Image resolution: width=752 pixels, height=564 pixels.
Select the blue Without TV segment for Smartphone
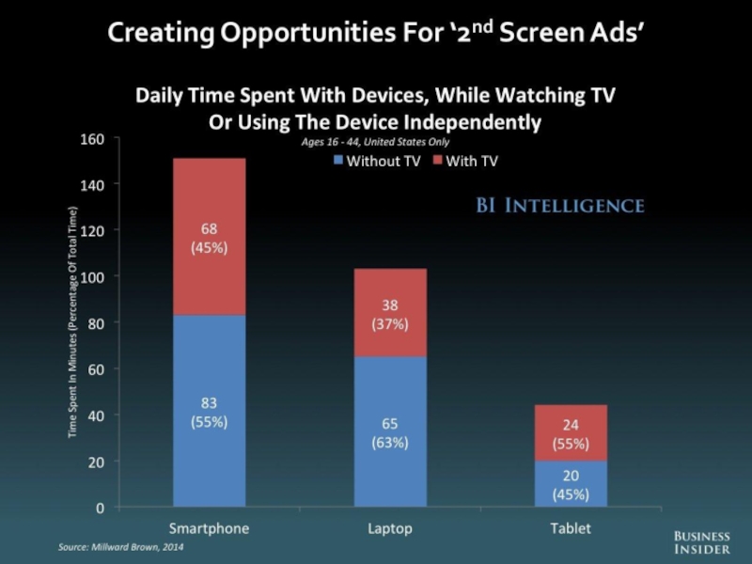tap(208, 411)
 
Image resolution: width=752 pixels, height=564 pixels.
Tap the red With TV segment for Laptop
tap(389, 312)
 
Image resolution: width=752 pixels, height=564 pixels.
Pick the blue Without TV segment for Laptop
tap(389, 431)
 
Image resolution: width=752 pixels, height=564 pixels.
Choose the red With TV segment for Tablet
tap(571, 432)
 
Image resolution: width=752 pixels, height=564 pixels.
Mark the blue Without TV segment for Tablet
tap(571, 484)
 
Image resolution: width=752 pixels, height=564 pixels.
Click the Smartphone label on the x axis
tap(208, 528)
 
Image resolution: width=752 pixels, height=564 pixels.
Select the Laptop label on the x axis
tap(389, 528)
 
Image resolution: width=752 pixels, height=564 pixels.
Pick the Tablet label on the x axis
tap(571, 528)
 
